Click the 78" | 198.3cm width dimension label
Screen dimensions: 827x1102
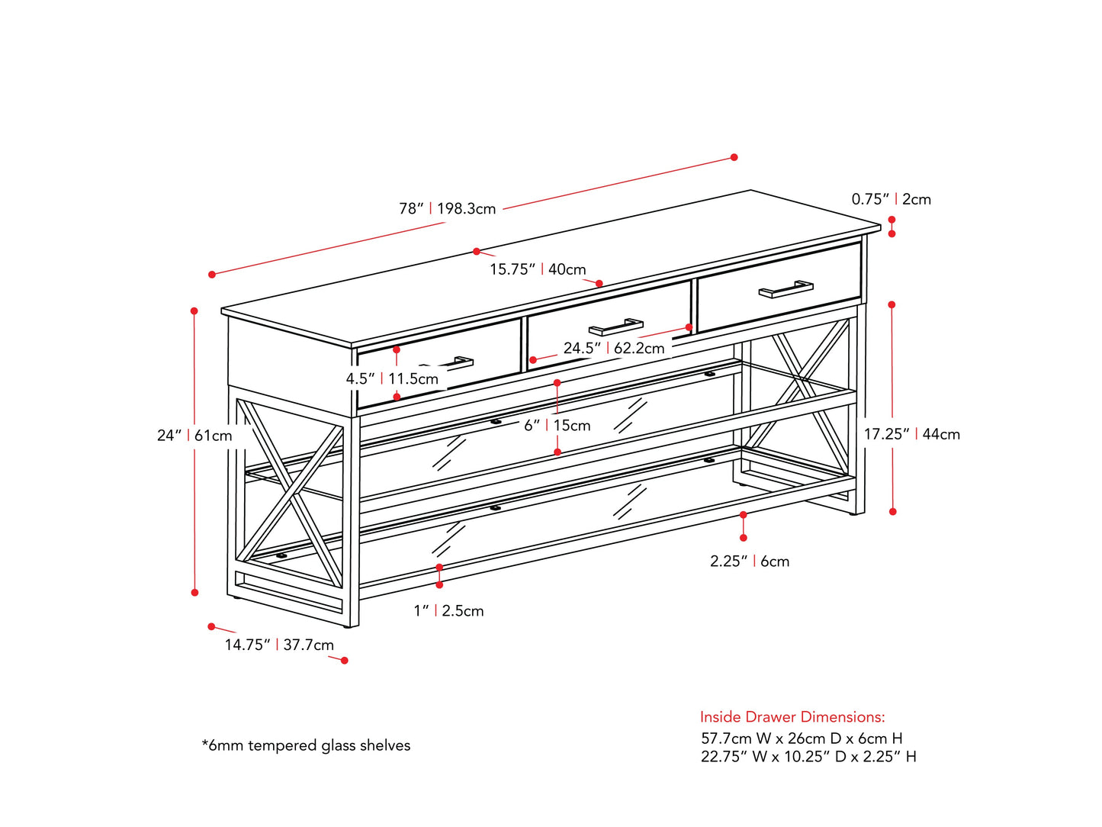pyautogui.click(x=448, y=208)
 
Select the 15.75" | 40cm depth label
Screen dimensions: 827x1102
pyautogui.click(x=538, y=269)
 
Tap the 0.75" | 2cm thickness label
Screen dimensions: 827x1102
pyautogui.click(x=891, y=199)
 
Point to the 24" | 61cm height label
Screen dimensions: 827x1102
pyautogui.click(x=194, y=436)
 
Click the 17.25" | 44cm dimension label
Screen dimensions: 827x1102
pyautogui.click(x=911, y=434)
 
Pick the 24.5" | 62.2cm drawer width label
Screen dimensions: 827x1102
pyautogui.click(x=614, y=348)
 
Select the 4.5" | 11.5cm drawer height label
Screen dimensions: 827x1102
pyautogui.click(x=392, y=378)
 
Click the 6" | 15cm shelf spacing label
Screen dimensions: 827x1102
pyautogui.click(x=557, y=426)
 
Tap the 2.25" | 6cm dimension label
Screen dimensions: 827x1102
pyautogui.click(x=750, y=562)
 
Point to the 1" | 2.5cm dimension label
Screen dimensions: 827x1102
pyautogui.click(x=448, y=610)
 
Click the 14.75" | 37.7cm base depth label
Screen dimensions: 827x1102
pyautogui.click(x=279, y=645)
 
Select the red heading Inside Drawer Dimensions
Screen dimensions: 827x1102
pyautogui.click(x=792, y=717)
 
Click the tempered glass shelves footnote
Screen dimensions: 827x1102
pyautogui.click(x=306, y=745)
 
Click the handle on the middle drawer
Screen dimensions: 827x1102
pyautogui.click(x=616, y=327)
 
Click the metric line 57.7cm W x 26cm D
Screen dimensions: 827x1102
pyautogui.click(x=802, y=739)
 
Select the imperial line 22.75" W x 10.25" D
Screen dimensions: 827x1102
pyautogui.click(x=808, y=757)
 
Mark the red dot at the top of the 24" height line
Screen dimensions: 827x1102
pyautogui.click(x=194, y=311)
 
